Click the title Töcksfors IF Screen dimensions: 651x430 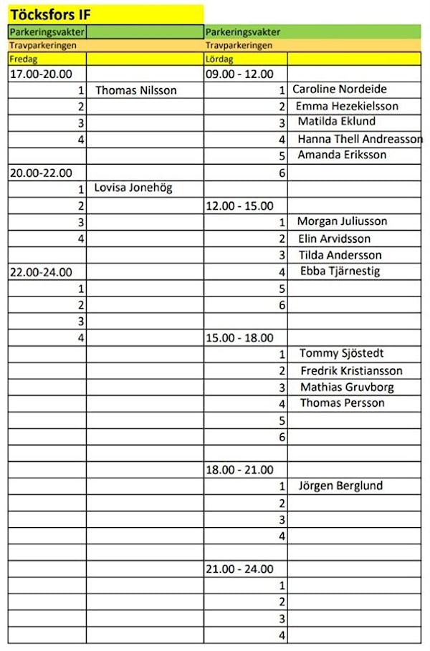(51, 14)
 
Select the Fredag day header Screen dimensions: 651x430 (23, 59)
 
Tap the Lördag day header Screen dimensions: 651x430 (219, 59)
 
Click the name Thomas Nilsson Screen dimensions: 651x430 (135, 90)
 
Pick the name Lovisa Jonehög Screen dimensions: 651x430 (133, 188)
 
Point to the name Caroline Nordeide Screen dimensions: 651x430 (340, 89)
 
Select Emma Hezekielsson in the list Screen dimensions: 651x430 (347, 106)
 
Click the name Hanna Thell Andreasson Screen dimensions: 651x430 (360, 139)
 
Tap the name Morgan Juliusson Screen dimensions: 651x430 (342, 221)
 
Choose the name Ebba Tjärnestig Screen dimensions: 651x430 (340, 271)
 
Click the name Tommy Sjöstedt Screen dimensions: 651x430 (341, 353)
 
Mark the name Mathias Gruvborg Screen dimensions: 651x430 (347, 387)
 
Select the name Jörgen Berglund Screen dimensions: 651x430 (340, 486)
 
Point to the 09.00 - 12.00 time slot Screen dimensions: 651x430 (239, 73)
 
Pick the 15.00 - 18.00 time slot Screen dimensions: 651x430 (239, 337)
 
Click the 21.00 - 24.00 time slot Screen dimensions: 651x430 (239, 569)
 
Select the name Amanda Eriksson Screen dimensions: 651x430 (342, 155)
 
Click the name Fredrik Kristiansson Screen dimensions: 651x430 (351, 370)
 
